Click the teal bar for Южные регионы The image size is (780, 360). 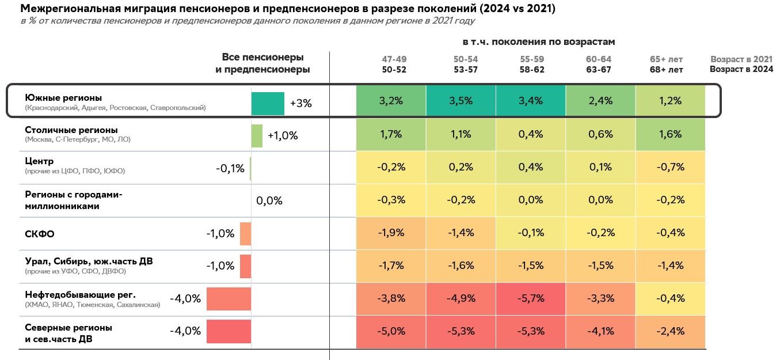(268, 104)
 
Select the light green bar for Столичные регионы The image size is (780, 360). (257, 136)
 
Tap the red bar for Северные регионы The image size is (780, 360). (229, 332)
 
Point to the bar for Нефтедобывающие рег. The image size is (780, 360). (229, 299)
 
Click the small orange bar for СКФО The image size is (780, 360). (245, 234)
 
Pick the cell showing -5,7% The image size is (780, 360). (531, 298)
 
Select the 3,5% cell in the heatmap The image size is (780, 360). (461, 101)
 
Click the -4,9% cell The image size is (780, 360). (461, 298)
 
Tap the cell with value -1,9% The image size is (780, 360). (391, 233)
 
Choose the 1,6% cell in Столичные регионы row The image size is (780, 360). (670, 134)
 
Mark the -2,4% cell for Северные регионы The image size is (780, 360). (670, 331)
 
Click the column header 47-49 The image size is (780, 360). (394, 59)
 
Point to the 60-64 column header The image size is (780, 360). (599, 59)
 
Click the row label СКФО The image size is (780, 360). (40, 234)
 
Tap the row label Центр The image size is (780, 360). (39, 161)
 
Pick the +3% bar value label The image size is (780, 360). (300, 104)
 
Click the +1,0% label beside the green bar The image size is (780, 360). (283, 136)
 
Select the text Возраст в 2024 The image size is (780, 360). (741, 70)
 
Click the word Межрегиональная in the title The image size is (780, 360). (64, 9)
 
